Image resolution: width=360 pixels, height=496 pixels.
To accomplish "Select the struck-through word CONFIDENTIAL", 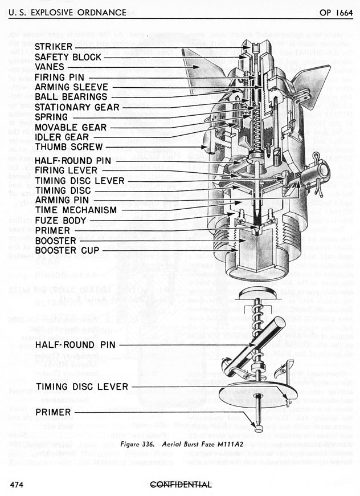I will tap(179, 485).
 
